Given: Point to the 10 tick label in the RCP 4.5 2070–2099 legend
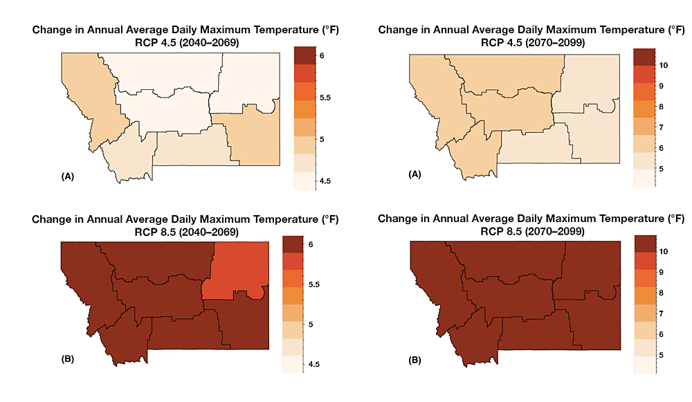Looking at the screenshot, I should coord(663,65).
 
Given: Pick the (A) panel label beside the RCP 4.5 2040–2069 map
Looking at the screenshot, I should coord(68,177).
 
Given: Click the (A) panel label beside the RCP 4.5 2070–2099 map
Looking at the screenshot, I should coord(417,176).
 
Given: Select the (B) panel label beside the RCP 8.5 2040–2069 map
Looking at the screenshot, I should coord(68,360).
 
